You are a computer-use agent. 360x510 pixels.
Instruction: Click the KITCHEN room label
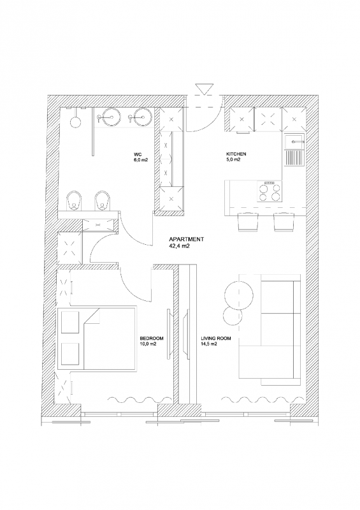tap(236, 154)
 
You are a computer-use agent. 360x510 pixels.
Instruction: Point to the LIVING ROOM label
tap(216, 339)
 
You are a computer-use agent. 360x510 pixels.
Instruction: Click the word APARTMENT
tap(186, 240)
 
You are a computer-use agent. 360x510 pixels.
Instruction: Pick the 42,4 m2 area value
tap(179, 246)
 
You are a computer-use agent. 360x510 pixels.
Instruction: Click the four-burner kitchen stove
tap(270, 192)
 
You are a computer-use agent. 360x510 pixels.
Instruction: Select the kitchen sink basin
tap(295, 142)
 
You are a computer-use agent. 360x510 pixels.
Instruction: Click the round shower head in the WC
tap(75, 122)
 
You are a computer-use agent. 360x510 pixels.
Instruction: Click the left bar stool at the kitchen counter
tap(248, 222)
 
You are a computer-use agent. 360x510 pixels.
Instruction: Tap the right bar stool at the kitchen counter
tap(284, 222)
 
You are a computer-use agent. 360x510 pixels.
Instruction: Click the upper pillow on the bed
tap(70, 323)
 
